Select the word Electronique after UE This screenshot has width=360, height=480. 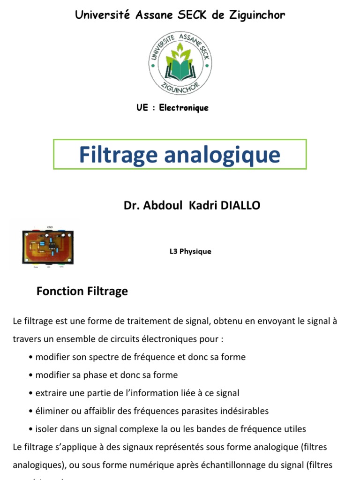click(184, 108)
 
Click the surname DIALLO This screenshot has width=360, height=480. click(238, 205)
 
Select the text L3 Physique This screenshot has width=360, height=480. click(190, 251)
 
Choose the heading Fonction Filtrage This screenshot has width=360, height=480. click(82, 291)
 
